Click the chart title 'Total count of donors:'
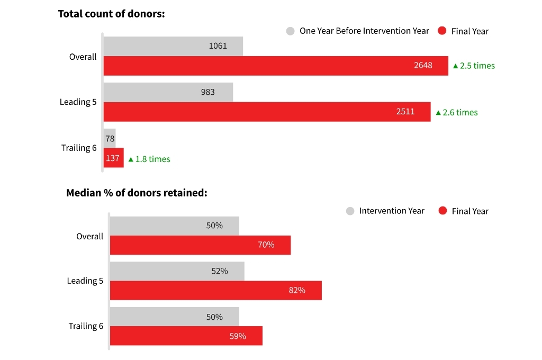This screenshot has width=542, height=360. (x=111, y=14)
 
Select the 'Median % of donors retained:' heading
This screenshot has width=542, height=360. (x=137, y=193)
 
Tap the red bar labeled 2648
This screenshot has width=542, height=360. (x=275, y=66)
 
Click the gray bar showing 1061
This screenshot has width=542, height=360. (x=173, y=46)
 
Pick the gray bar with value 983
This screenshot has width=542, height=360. (x=168, y=92)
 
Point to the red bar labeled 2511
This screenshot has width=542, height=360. (x=267, y=112)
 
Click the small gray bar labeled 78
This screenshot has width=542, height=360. (x=110, y=138)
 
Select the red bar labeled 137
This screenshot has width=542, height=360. (x=113, y=158)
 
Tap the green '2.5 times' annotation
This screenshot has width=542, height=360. (x=474, y=66)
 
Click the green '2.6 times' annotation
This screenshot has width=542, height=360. (x=457, y=112)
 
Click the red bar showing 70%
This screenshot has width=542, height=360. (x=200, y=245)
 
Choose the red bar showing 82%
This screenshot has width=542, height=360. (x=215, y=290)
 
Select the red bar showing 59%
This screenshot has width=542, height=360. (x=186, y=336)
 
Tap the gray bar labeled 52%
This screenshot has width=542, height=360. (x=177, y=271)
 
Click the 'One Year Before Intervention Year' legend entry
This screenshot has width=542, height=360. (x=358, y=31)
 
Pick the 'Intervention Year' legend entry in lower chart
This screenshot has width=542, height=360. (x=385, y=211)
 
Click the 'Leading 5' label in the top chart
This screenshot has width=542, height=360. (x=78, y=102)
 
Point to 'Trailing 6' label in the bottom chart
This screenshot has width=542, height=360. (x=86, y=326)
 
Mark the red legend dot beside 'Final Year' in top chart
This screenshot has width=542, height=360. (x=442, y=31)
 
